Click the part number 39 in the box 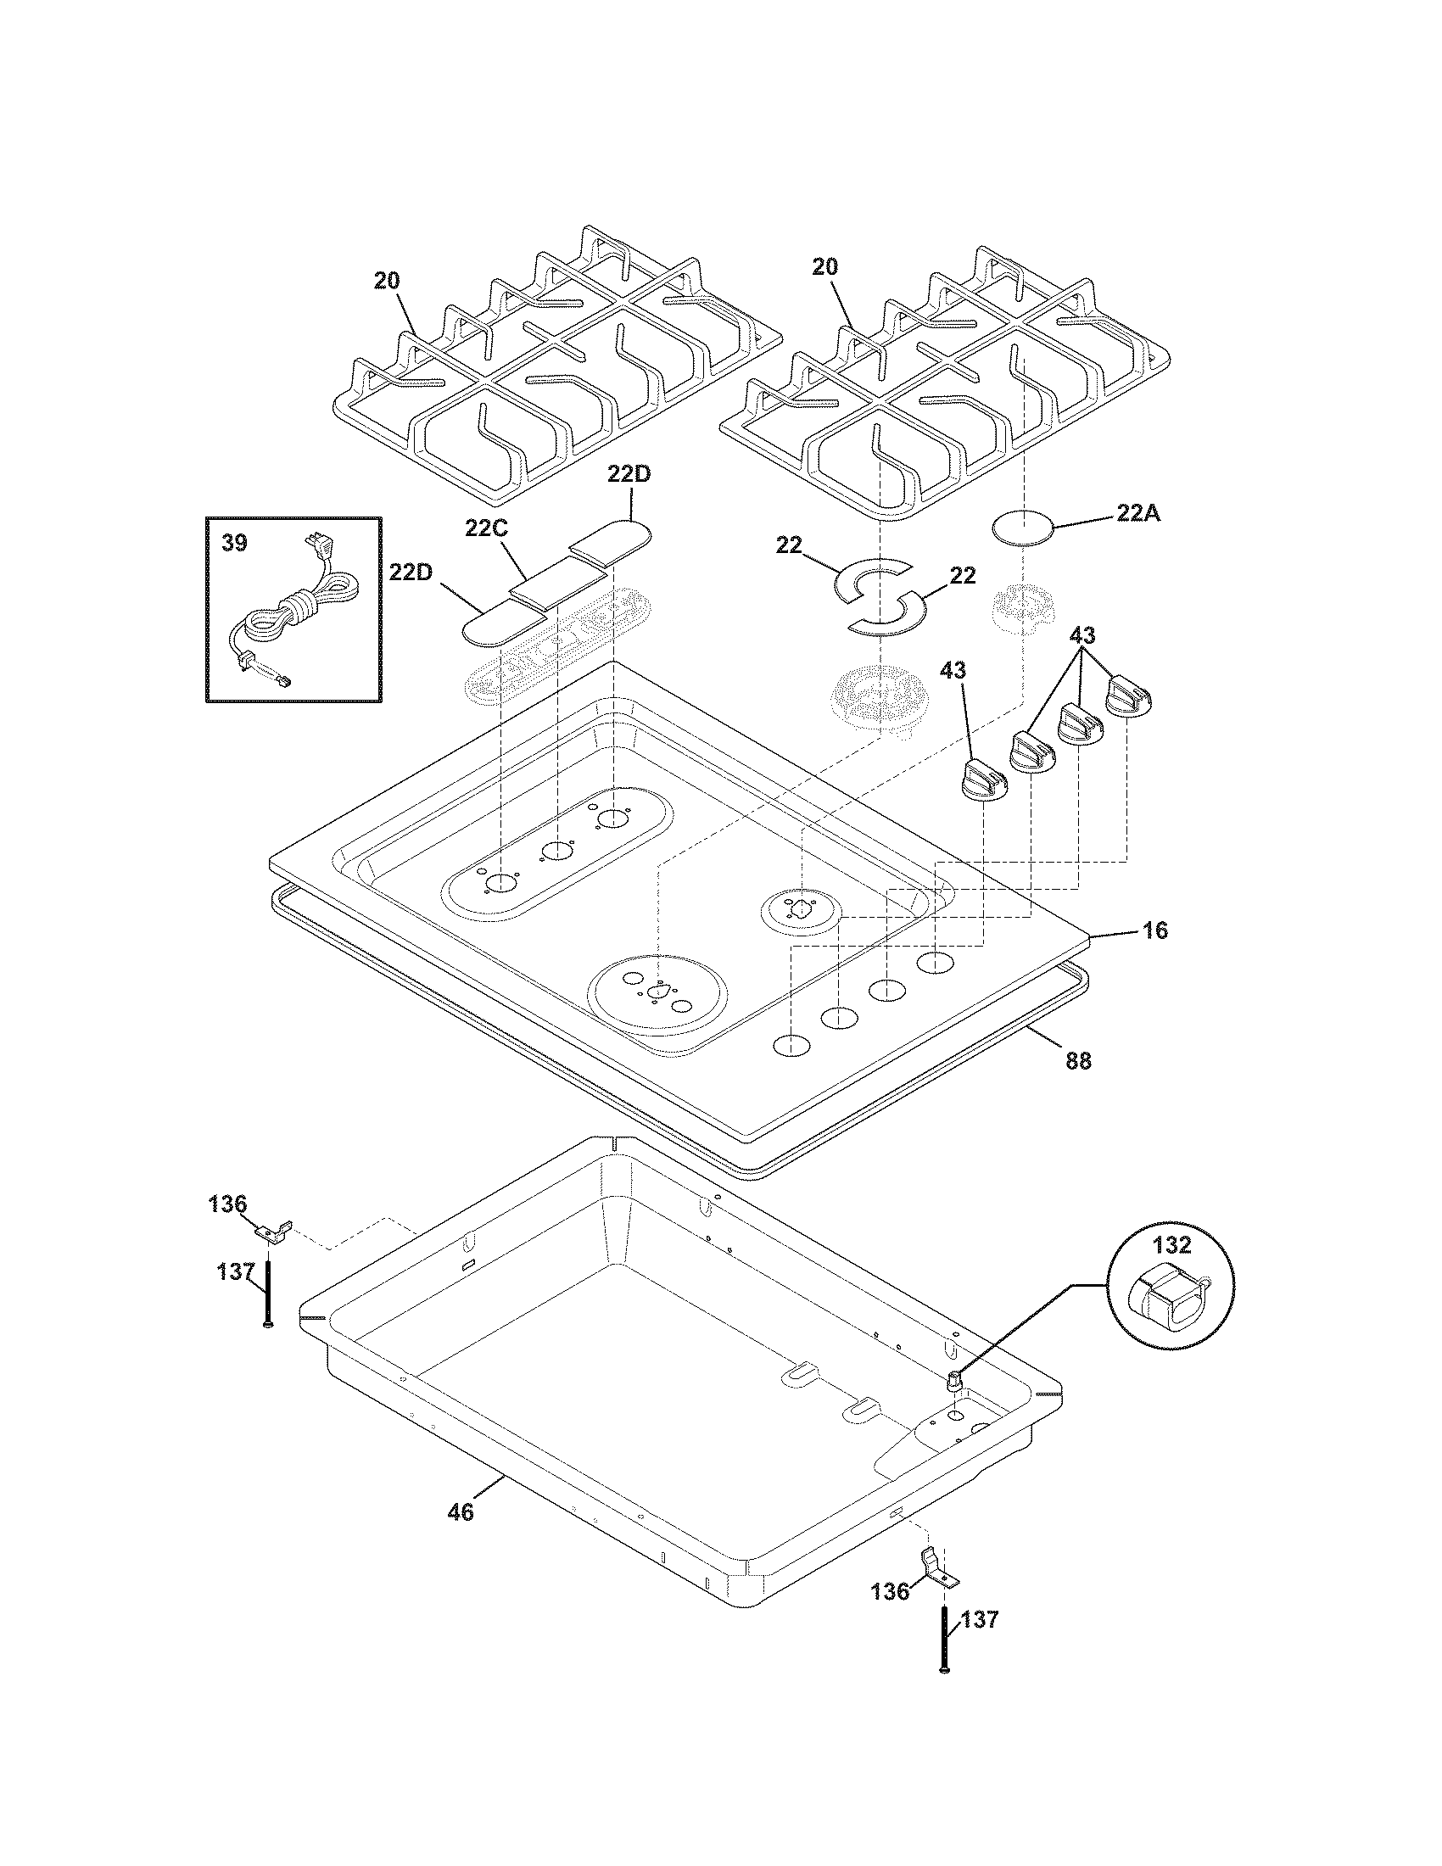[234, 543]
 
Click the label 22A [1137, 514]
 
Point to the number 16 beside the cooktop [1155, 930]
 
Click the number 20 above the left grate [387, 280]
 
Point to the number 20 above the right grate [824, 266]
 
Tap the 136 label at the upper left [227, 1204]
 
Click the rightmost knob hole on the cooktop [936, 962]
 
